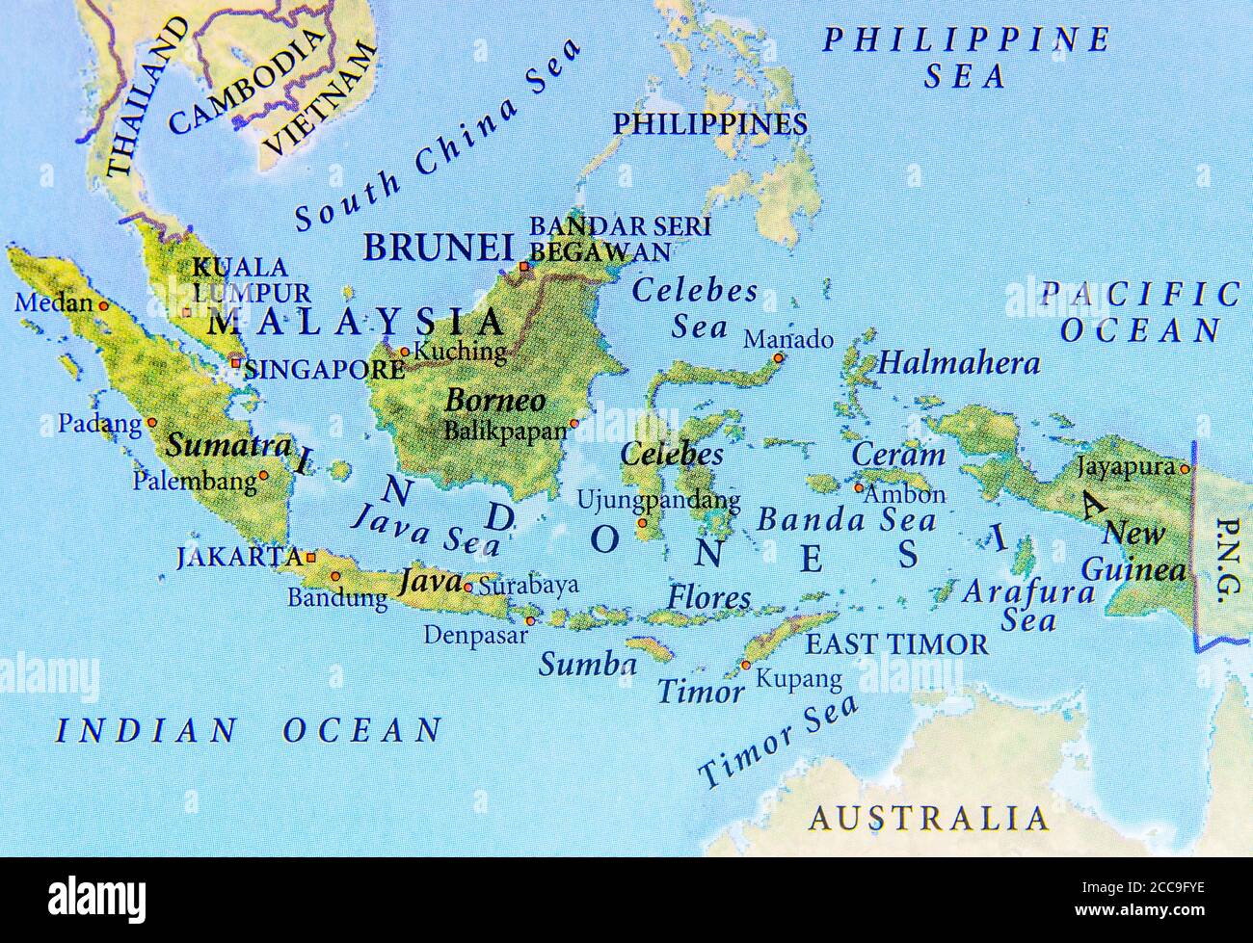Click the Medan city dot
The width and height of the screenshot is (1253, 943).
tap(104, 305)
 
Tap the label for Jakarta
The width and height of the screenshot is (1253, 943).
tap(239, 557)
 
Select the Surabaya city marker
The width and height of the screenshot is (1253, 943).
tap(467, 587)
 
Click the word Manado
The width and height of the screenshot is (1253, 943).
tap(788, 339)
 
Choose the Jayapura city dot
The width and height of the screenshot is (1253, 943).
tap(1185, 469)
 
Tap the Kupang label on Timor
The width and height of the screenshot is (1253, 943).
tap(798, 678)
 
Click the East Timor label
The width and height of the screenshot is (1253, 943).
tap(896, 643)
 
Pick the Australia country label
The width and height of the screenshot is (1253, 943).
tap(928, 819)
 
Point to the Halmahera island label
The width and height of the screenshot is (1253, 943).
tap(960, 363)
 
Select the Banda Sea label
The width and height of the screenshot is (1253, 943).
tap(845, 520)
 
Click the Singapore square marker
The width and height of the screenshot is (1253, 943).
tap(235, 363)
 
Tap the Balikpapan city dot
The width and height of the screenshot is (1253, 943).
tap(574, 423)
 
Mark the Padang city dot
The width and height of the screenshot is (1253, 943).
tap(151, 423)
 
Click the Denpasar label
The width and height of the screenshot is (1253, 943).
tap(475, 636)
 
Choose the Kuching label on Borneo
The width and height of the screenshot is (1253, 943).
tap(460, 352)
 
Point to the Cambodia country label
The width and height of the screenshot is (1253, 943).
tap(245, 82)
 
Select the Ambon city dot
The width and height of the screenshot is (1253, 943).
tap(858, 487)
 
